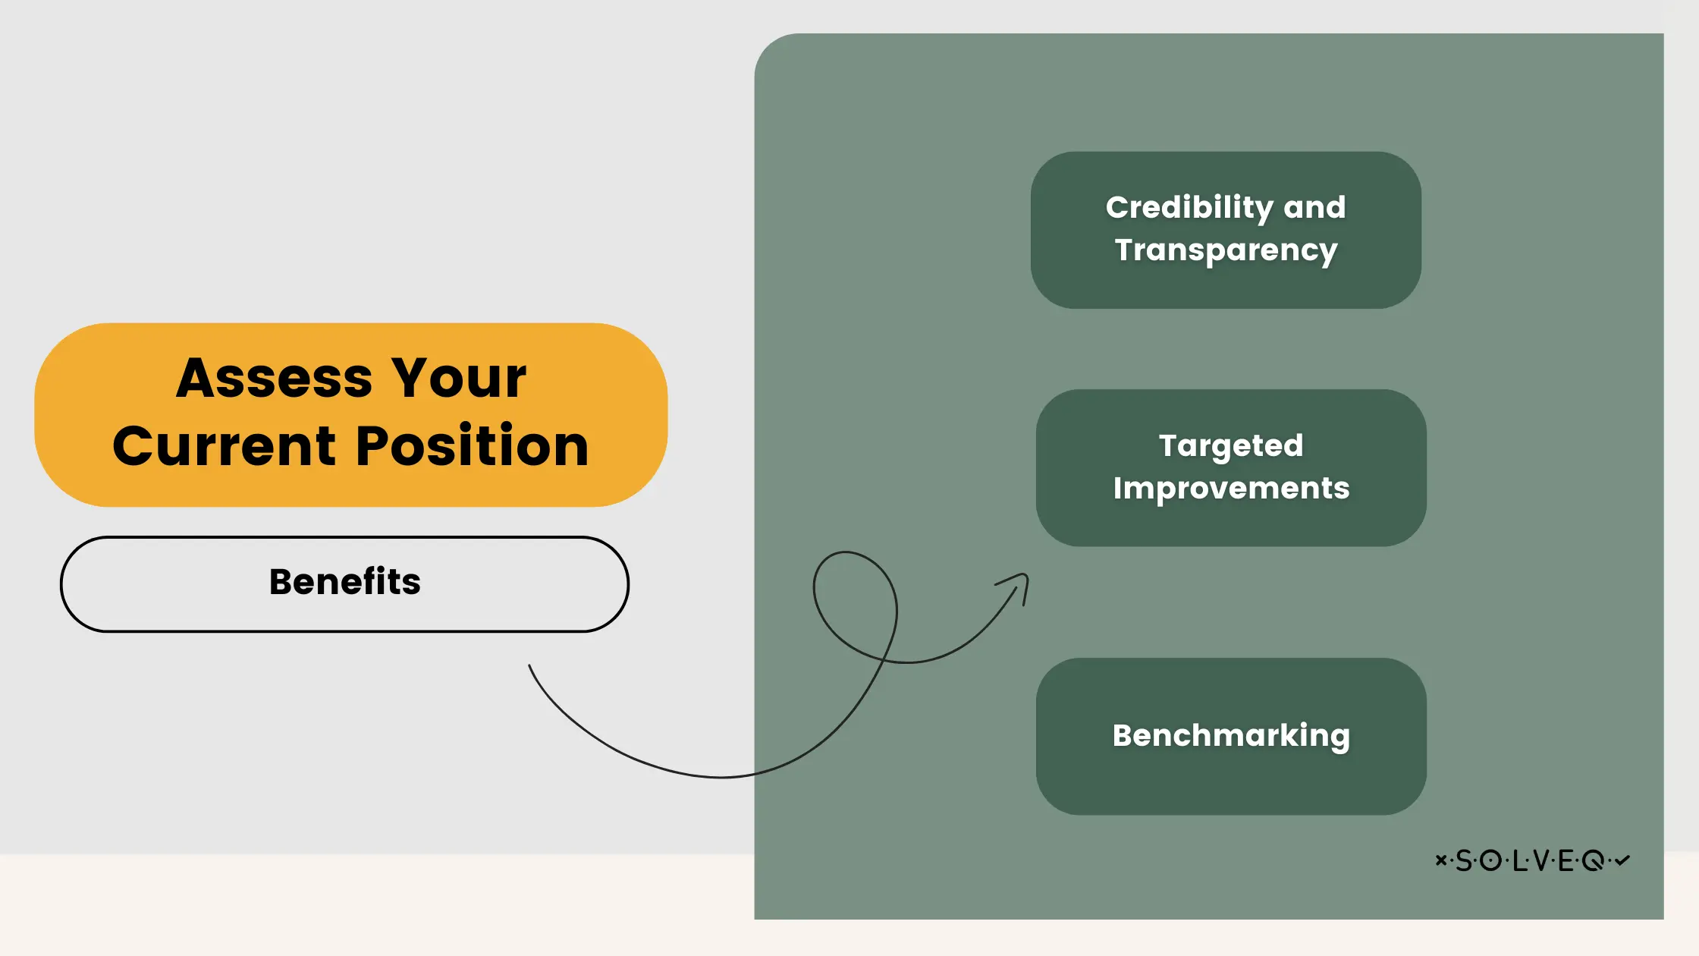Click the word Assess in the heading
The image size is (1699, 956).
(x=274, y=378)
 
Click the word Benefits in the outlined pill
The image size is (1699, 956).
(x=344, y=582)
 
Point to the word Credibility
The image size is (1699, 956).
(x=1189, y=208)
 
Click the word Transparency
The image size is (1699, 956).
(x=1226, y=250)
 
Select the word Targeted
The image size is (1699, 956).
(x=1231, y=445)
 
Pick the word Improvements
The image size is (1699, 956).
(x=1231, y=488)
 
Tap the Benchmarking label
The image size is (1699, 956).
(x=1231, y=735)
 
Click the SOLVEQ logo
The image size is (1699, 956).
(x=1532, y=860)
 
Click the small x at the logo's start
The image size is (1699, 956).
(x=1440, y=860)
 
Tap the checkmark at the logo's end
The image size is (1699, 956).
(x=1622, y=860)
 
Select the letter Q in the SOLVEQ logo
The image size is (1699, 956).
(x=1593, y=860)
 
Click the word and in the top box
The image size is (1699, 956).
(x=1314, y=208)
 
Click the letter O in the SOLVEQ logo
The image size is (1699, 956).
(x=1490, y=860)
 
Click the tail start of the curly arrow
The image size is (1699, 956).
(x=530, y=667)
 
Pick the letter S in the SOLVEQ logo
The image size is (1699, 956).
(x=1463, y=860)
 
